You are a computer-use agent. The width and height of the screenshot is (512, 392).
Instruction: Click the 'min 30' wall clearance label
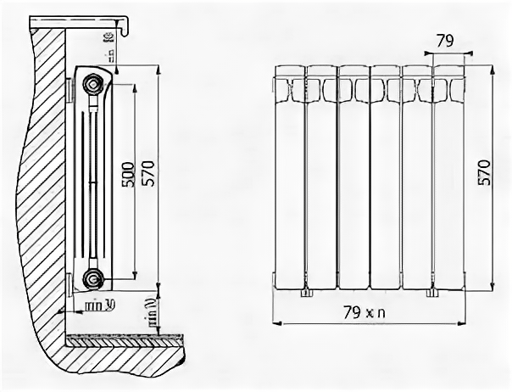point(100,303)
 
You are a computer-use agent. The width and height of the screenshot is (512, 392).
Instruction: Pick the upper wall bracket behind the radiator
point(70,90)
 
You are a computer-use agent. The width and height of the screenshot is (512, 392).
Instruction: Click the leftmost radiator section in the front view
point(289,178)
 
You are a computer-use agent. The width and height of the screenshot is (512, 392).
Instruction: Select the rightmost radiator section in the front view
point(448,178)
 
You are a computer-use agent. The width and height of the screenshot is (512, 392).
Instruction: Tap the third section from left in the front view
point(353,178)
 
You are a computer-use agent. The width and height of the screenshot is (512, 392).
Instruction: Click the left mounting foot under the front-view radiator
point(305,294)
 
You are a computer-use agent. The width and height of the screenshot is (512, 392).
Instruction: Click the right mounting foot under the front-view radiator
point(431,294)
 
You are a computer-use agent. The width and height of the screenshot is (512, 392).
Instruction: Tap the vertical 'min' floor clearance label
point(150,312)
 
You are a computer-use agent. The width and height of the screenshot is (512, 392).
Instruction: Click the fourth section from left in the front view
point(385,178)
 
